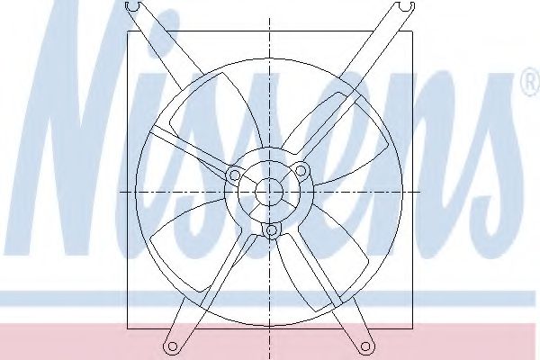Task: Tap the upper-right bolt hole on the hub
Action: (302, 171)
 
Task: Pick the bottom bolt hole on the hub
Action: (270, 232)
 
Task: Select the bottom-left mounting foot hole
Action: (170, 345)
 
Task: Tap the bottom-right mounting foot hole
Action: (365, 345)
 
